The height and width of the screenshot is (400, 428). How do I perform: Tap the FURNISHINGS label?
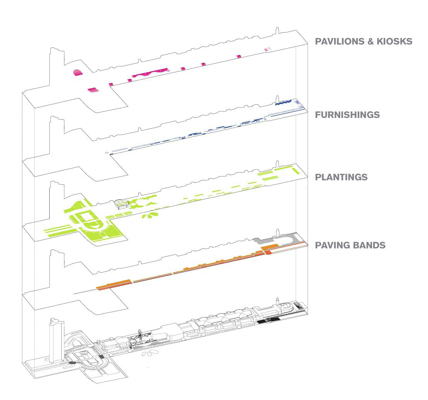pos(347,115)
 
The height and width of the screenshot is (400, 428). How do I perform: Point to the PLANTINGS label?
pos(341,177)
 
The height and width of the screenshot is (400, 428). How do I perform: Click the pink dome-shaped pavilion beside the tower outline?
pos(77,73)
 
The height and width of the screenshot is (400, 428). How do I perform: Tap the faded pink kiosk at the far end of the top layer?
pos(267,49)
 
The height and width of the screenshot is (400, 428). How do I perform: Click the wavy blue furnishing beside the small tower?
pos(283,103)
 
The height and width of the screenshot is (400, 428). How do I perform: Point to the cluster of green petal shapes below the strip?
pos(150,215)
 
